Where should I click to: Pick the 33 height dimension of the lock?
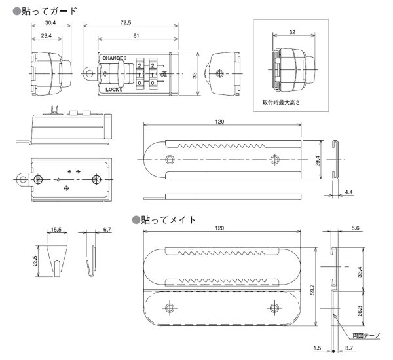pos(194,75)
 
